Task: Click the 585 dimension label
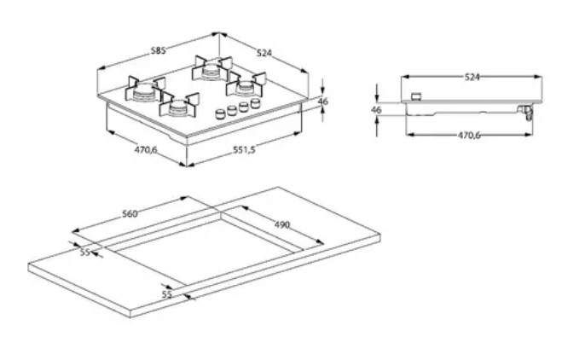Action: (x=158, y=50)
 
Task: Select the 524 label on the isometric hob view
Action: (x=264, y=53)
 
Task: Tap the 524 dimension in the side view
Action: (x=472, y=78)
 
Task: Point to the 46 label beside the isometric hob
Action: (x=322, y=102)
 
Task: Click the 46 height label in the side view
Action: (x=376, y=110)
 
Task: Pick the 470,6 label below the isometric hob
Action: (x=146, y=150)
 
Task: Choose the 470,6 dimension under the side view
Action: (x=469, y=135)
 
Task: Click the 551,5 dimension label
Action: (x=245, y=149)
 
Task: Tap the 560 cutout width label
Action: (x=130, y=214)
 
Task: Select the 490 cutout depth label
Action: (x=282, y=225)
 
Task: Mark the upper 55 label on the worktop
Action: (x=85, y=253)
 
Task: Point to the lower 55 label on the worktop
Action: (x=167, y=294)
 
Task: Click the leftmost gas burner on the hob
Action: (x=145, y=90)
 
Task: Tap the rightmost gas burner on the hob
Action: (x=246, y=85)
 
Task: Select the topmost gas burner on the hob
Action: (x=211, y=68)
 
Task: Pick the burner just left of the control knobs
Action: (x=179, y=106)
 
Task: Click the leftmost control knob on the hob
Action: (x=221, y=113)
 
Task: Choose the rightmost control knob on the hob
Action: (x=256, y=102)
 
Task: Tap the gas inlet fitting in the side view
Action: (x=527, y=113)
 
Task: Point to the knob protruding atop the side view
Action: (x=416, y=97)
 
